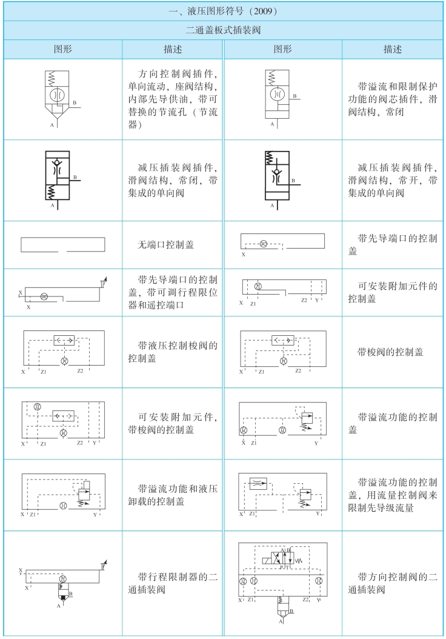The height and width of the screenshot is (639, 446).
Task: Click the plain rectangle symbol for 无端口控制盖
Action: coord(63,245)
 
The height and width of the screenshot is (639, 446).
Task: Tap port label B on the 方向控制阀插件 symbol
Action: coord(74,104)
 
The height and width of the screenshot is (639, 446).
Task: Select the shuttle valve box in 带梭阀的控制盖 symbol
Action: coord(282,340)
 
